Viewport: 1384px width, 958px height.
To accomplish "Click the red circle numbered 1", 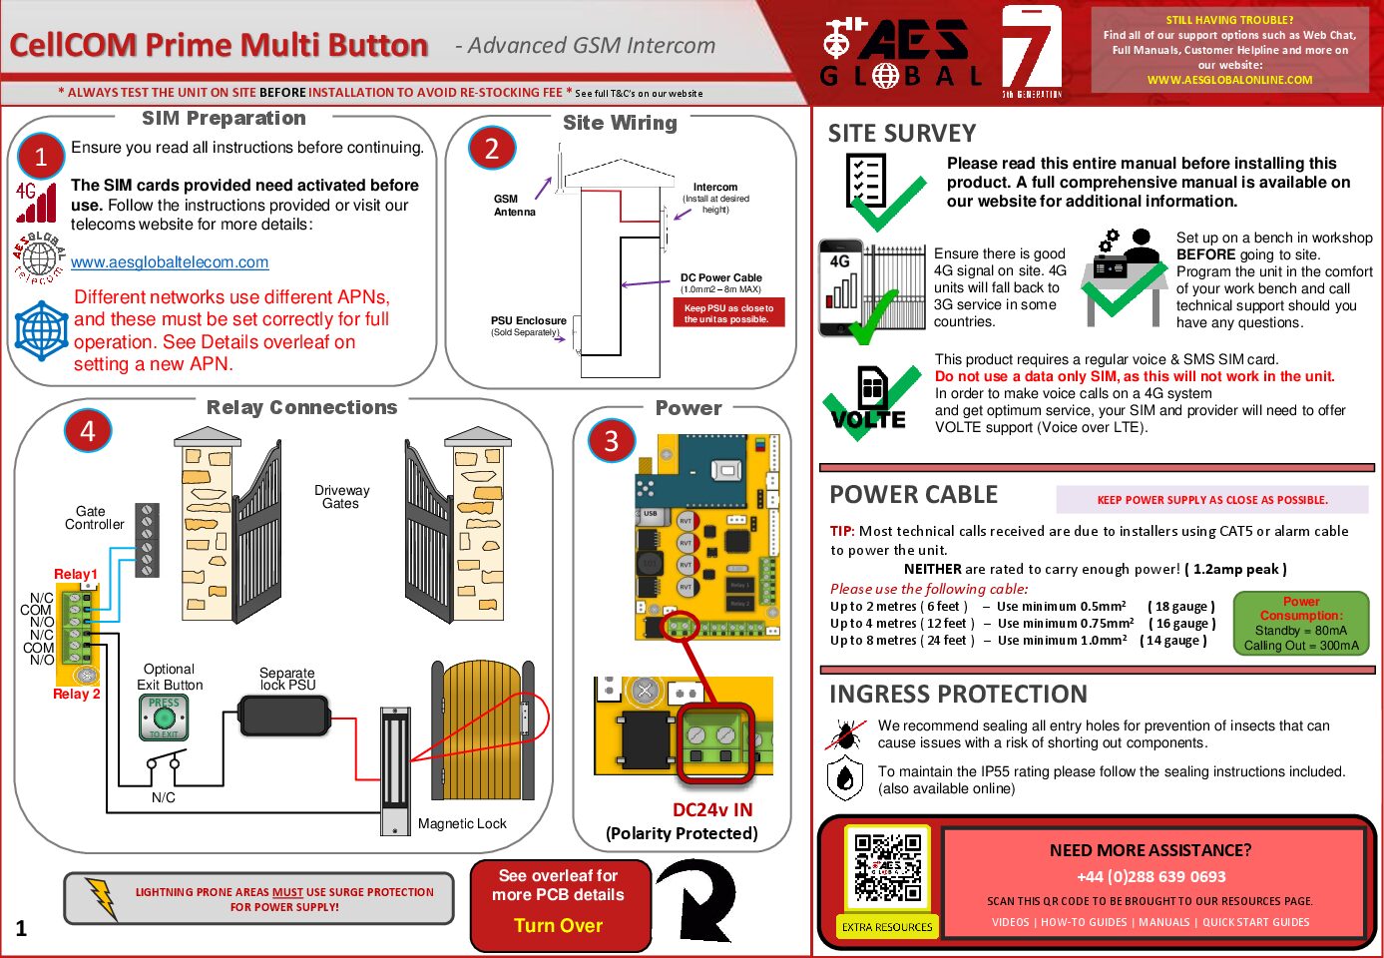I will (x=41, y=157).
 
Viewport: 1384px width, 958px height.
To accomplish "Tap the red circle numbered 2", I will (x=491, y=150).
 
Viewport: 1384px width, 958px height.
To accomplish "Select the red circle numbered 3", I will (x=611, y=440).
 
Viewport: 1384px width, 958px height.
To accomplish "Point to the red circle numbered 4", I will (x=88, y=431).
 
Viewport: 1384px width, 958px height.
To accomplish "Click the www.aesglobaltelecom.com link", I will (x=170, y=262).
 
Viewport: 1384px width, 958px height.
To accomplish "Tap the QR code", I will (x=887, y=867).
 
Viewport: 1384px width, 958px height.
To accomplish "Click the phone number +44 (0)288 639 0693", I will (x=1151, y=876).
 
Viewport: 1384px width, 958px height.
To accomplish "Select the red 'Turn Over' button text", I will (x=558, y=925).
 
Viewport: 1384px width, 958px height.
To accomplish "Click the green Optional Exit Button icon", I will (x=164, y=718).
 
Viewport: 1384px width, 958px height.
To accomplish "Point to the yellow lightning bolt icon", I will (x=101, y=897).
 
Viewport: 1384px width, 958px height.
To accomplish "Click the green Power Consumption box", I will (x=1301, y=624).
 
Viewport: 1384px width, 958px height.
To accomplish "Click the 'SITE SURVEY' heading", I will (x=901, y=134).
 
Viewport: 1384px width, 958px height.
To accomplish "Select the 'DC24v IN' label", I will (x=711, y=810).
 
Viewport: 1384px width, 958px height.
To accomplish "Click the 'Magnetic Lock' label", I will (x=462, y=824).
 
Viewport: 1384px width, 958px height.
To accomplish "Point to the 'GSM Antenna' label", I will (x=514, y=206).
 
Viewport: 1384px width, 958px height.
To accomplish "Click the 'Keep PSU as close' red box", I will (x=728, y=313).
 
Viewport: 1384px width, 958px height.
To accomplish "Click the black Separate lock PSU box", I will (x=284, y=716).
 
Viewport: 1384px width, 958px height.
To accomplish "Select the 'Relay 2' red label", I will (x=76, y=694).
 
